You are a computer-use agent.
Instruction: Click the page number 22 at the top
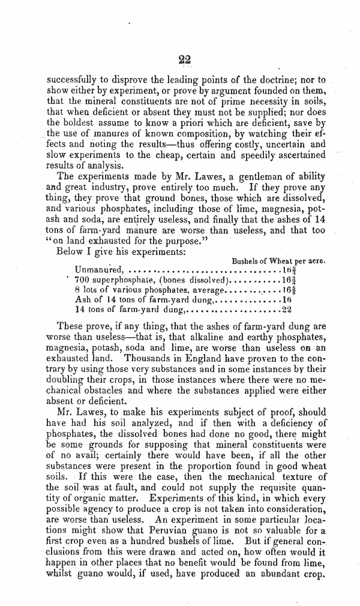[x=184, y=59]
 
